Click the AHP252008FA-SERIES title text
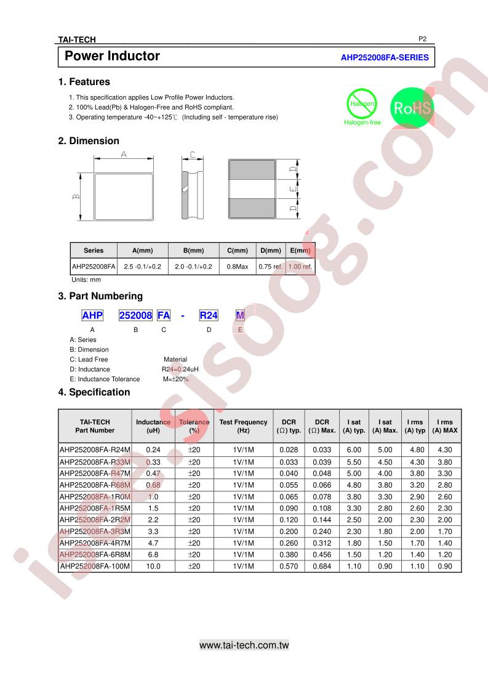click(x=385, y=57)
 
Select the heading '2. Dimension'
click(x=89, y=141)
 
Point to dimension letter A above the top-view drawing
click(x=124, y=154)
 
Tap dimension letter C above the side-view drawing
click(x=193, y=155)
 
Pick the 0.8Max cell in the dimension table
click(x=238, y=267)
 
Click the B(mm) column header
click(x=193, y=251)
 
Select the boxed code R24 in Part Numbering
click(x=209, y=315)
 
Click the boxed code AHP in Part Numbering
click(x=92, y=315)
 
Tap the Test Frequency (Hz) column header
click(x=243, y=426)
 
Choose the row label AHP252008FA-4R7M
click(x=95, y=543)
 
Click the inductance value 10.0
click(x=153, y=567)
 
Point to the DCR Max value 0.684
click(x=322, y=567)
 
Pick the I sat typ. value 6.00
click(x=354, y=450)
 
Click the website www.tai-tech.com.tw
click(x=244, y=645)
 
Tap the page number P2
click(x=422, y=39)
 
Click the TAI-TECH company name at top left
click(x=77, y=40)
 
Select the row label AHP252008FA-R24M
click(x=95, y=450)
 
